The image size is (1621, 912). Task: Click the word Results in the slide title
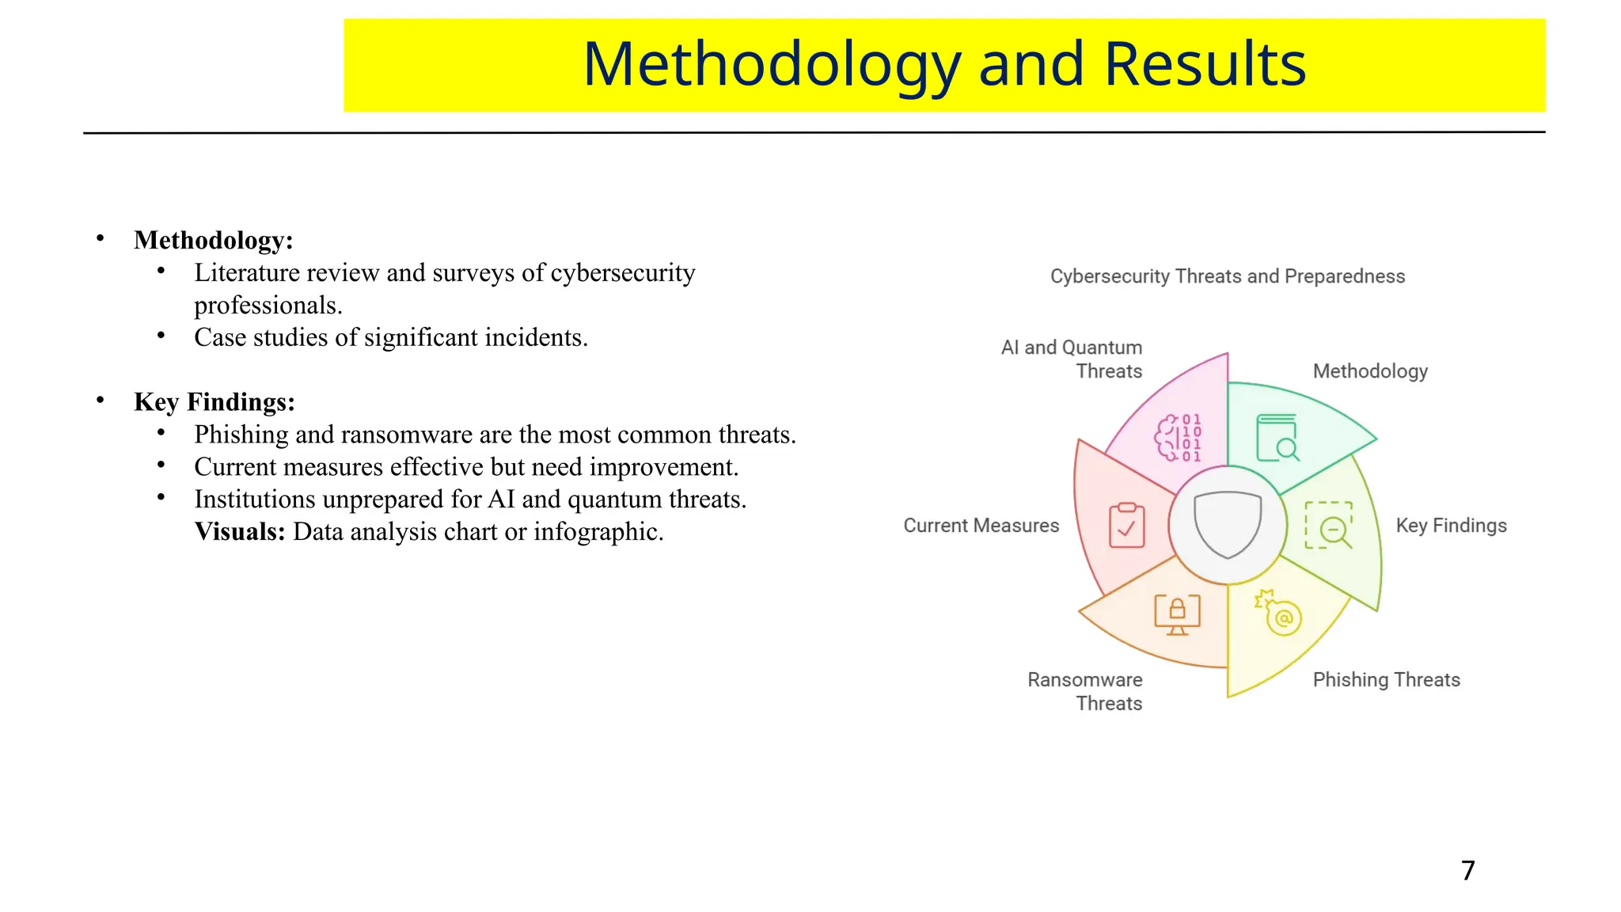[x=1204, y=65]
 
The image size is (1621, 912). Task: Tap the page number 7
[x=1467, y=871]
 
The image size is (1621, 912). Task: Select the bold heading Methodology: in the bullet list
[x=213, y=240]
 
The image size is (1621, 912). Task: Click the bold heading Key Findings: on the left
[x=214, y=402]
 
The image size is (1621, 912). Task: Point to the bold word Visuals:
[x=239, y=532]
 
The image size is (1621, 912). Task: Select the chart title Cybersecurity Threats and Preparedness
[x=1227, y=276]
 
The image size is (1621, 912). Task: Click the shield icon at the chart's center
[x=1227, y=524]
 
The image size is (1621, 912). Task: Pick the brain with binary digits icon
[x=1178, y=438]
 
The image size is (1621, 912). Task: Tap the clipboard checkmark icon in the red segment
[x=1126, y=526]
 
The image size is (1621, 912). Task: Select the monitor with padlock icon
[x=1177, y=614]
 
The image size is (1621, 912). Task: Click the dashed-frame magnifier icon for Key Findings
[x=1328, y=525]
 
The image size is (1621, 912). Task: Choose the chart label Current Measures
[x=981, y=526]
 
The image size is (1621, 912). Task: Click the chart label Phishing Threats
[x=1386, y=680]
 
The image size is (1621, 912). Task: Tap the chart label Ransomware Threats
[x=1085, y=691]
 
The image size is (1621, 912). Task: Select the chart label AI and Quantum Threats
[x=1072, y=359]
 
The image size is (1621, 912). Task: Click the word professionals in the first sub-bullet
[x=267, y=306]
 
